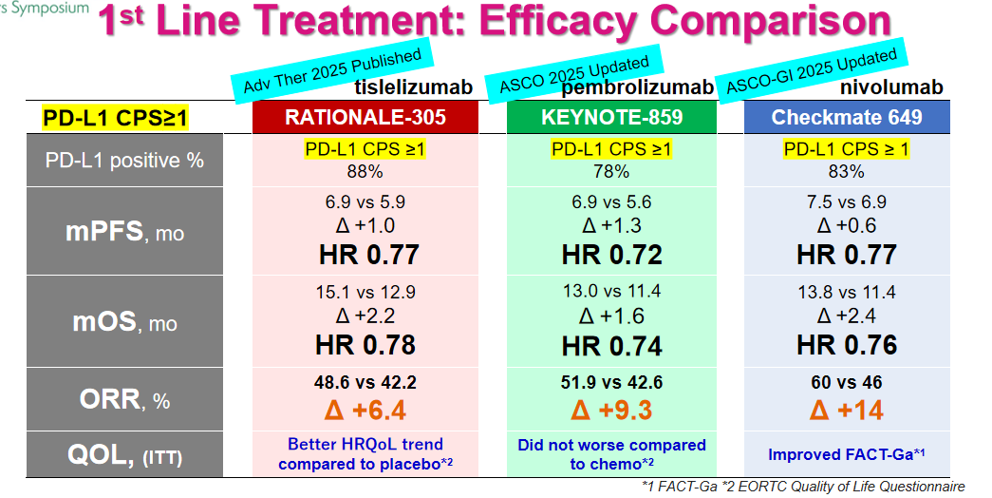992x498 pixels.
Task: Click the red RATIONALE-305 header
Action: [365, 118]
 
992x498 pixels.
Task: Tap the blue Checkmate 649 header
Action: [846, 118]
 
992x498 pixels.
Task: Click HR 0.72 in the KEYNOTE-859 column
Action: [611, 256]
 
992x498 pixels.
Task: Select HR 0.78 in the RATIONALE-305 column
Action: [365, 345]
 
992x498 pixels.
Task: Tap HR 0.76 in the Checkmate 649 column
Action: [846, 345]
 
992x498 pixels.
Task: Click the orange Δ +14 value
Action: [846, 411]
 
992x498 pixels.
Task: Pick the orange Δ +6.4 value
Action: [365, 411]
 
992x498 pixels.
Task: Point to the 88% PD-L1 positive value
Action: [365, 172]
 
